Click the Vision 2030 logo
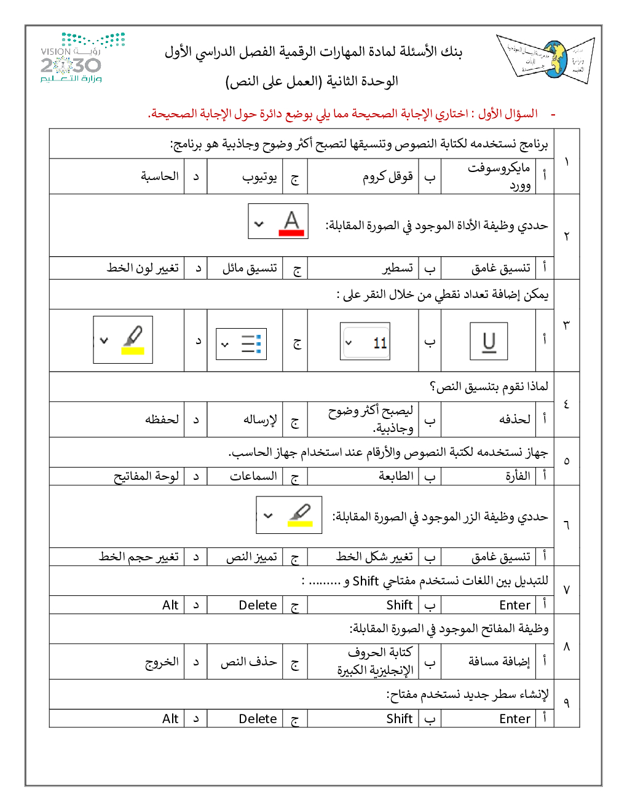click(x=82, y=59)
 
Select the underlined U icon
click(x=489, y=342)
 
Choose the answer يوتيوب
click(x=259, y=177)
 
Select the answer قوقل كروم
click(x=387, y=177)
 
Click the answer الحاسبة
click(x=160, y=177)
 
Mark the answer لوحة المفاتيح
click(x=146, y=476)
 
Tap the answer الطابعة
click(x=396, y=476)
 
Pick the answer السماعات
click(x=253, y=476)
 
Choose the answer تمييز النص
click(x=251, y=557)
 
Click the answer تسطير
click(x=398, y=268)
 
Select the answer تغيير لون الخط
click(x=143, y=268)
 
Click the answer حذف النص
click(x=249, y=662)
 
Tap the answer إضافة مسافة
click(x=499, y=662)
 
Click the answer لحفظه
click(x=162, y=420)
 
